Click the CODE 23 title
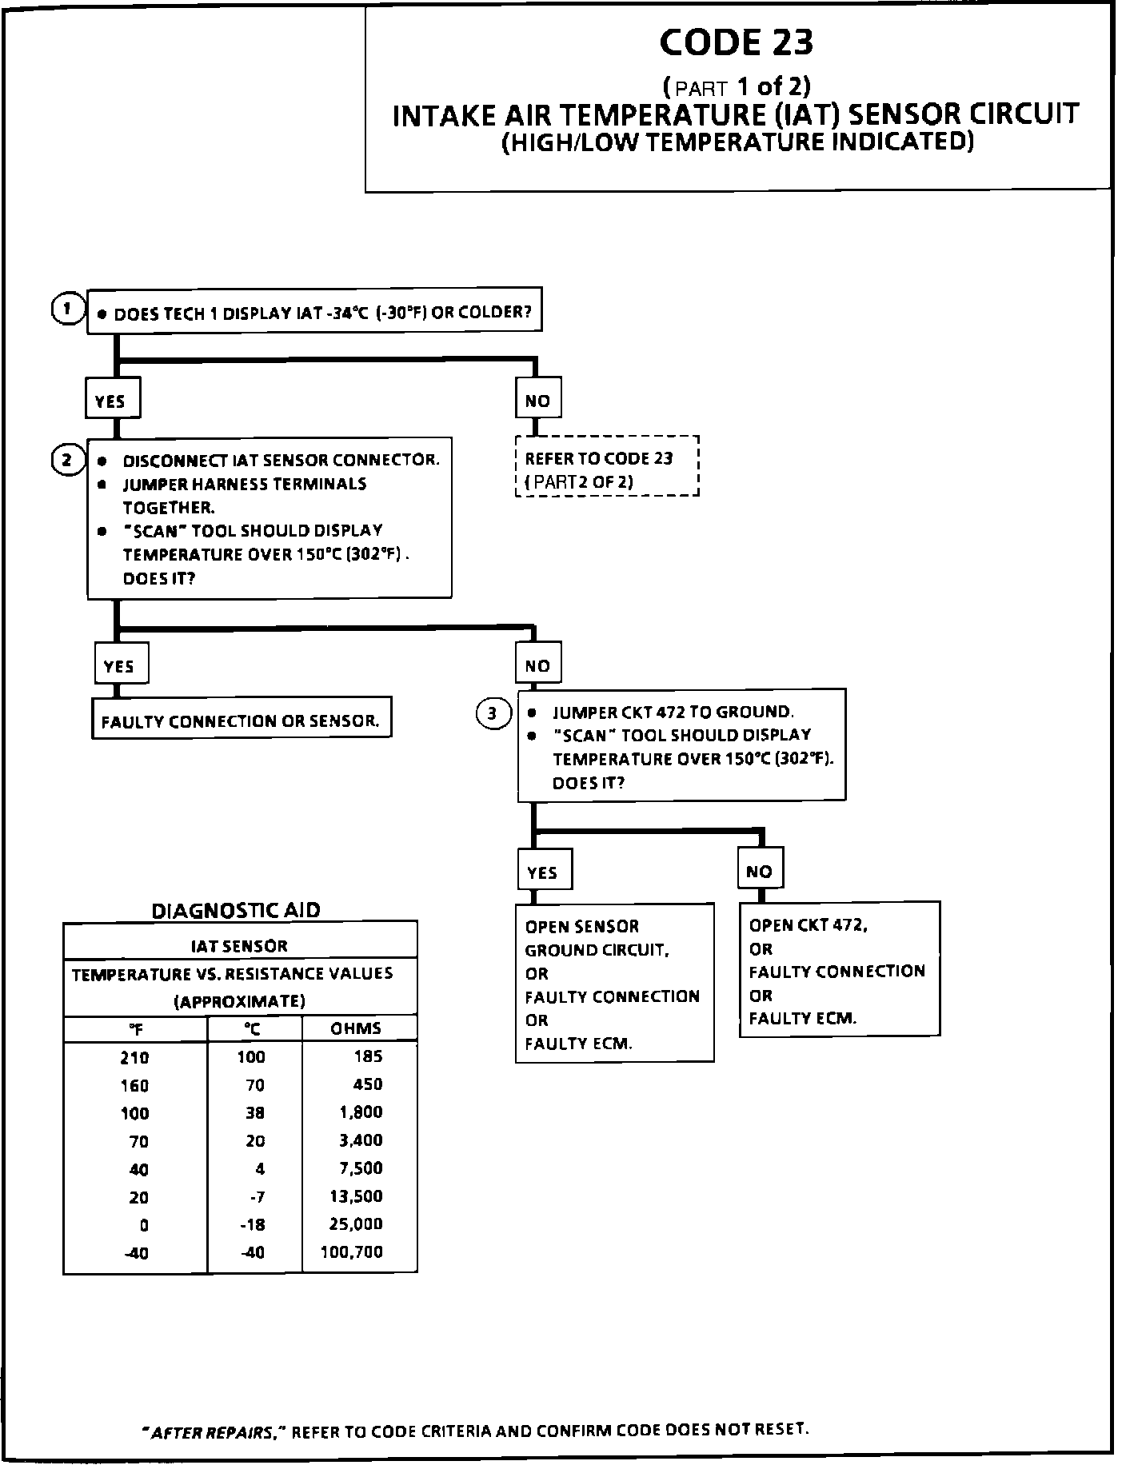[737, 43]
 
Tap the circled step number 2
[68, 460]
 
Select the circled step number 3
[493, 713]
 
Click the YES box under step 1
[113, 399]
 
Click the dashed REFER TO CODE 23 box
[607, 466]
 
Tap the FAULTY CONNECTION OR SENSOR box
[241, 720]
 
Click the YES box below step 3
[543, 872]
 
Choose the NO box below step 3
[760, 871]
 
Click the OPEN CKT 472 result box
[839, 969]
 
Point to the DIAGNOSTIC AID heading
[236, 910]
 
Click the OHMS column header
[356, 1028]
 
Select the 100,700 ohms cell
[352, 1251]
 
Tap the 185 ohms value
[369, 1056]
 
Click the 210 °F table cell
[134, 1057]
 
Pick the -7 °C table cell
[256, 1196]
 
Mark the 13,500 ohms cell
[356, 1196]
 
